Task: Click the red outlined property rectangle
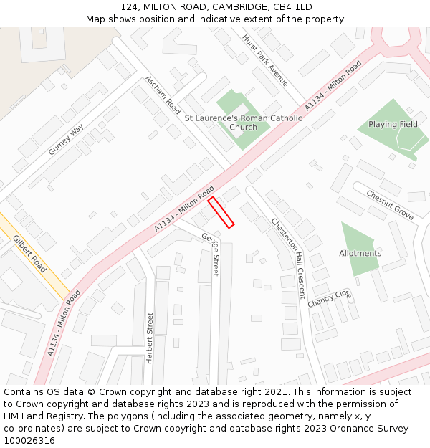point(221,212)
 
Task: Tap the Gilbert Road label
point(29,254)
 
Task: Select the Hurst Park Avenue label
point(264,61)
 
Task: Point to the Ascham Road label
point(163,95)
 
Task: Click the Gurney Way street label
point(66,140)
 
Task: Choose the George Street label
point(211,254)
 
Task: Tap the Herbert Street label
point(150,338)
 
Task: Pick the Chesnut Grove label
point(390,205)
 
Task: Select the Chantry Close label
point(330,298)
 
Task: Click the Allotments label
point(360,254)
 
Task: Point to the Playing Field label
point(393,125)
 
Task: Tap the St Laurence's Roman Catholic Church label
point(244,123)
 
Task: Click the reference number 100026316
point(29,441)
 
